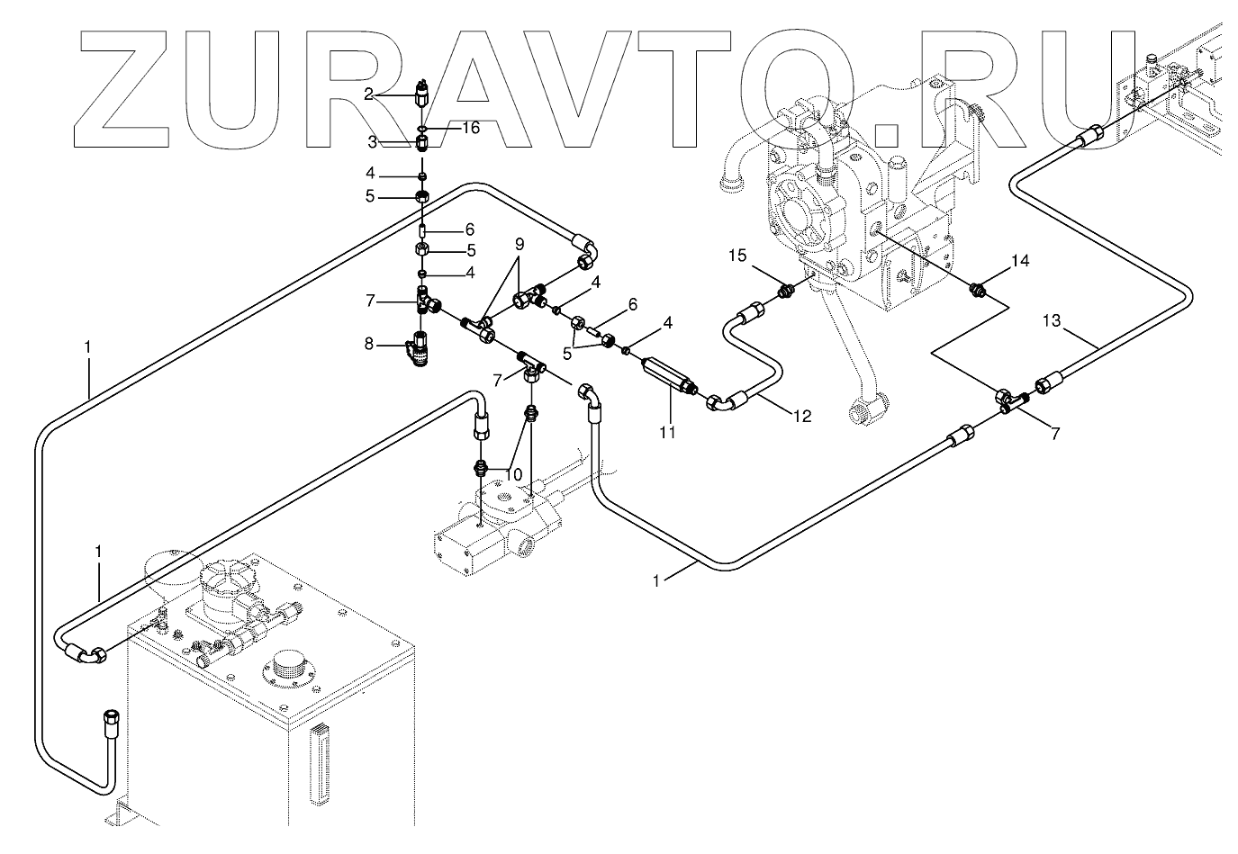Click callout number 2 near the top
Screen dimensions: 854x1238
[x=369, y=93]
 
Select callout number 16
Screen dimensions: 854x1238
[x=471, y=128]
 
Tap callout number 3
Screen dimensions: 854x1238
[x=371, y=142]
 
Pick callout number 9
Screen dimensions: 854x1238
[x=520, y=245]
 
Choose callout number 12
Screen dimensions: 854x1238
[x=801, y=416]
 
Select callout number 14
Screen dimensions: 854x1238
[x=1019, y=261]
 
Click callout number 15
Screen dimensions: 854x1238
[x=737, y=256]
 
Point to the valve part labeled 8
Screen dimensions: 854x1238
[x=418, y=350]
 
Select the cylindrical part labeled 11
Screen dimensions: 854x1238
[x=666, y=373]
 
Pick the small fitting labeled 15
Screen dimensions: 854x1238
[x=786, y=290]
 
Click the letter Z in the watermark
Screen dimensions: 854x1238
[x=131, y=89]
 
